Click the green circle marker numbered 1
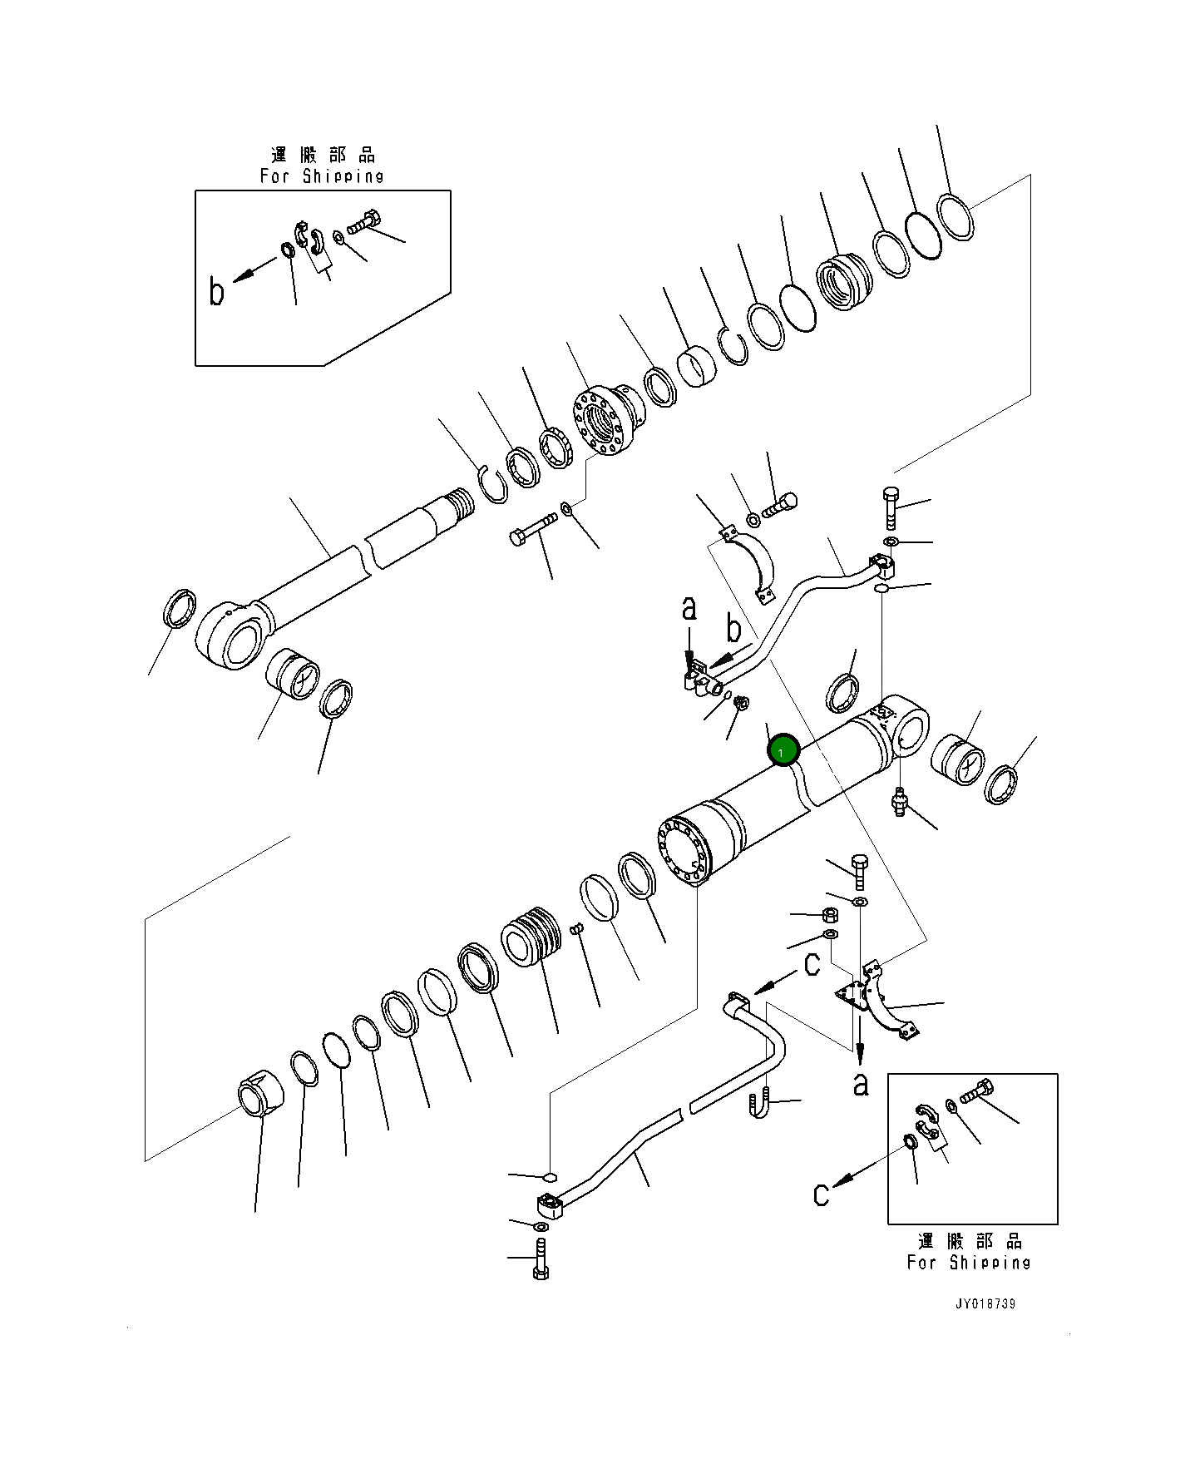point(783,750)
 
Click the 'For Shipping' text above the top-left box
point(322,176)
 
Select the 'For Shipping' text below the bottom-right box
point(969,1262)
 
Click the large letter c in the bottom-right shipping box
point(822,1194)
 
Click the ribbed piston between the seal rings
point(533,938)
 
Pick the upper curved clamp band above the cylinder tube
point(748,564)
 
